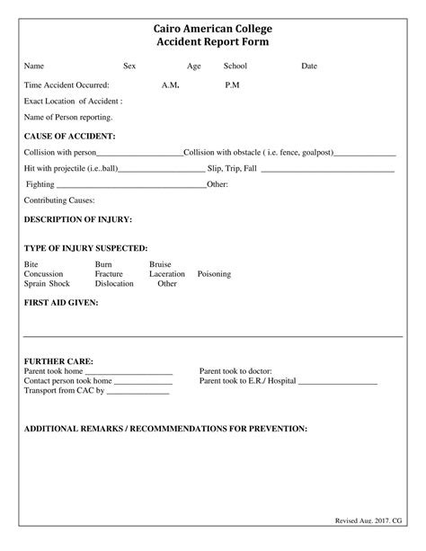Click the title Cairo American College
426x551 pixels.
(x=212, y=29)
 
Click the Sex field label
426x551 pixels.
(x=129, y=66)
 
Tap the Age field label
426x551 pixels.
(x=193, y=66)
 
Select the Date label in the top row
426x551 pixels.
(x=308, y=66)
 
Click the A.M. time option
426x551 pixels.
(x=172, y=84)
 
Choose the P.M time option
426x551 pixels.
(x=232, y=84)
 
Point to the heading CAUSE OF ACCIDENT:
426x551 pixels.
(x=69, y=135)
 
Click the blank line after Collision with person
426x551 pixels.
(x=139, y=153)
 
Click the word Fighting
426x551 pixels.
(x=40, y=184)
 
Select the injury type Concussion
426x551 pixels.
(x=44, y=273)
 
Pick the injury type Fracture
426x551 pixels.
(x=109, y=273)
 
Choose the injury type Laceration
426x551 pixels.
(x=167, y=273)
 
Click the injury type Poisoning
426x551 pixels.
(x=214, y=273)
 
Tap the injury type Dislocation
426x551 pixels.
(x=114, y=283)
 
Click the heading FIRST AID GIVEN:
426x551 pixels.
(x=61, y=303)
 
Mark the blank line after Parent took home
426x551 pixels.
(x=129, y=372)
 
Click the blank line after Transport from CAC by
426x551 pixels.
(x=138, y=393)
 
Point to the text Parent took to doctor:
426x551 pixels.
(x=235, y=370)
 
